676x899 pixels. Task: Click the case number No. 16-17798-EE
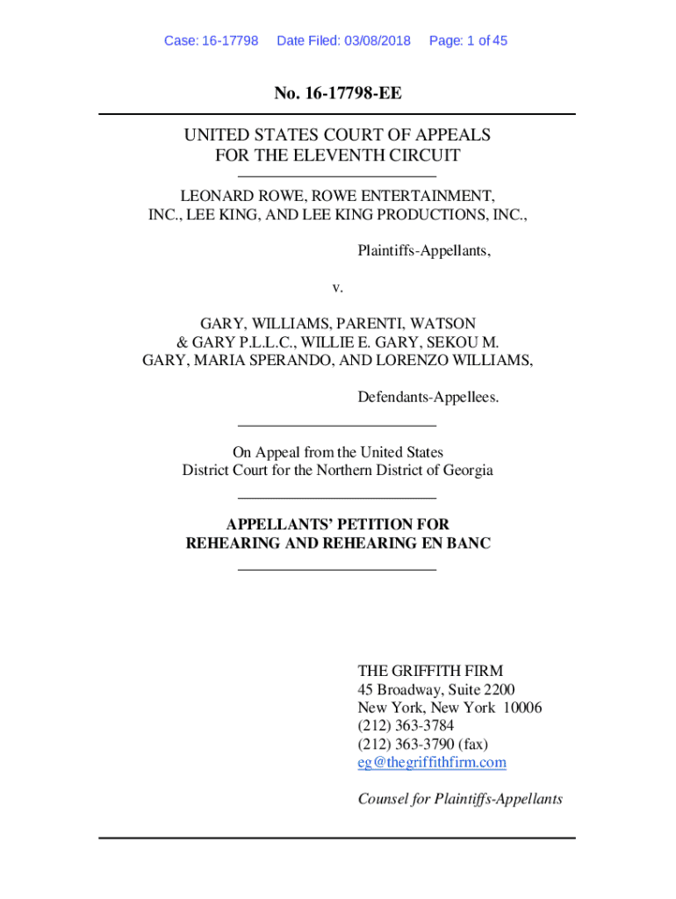click(337, 93)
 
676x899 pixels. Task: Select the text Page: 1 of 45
click(468, 40)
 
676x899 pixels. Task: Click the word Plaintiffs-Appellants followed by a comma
click(424, 251)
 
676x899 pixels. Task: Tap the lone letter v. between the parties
click(337, 287)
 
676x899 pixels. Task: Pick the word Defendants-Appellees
click(428, 398)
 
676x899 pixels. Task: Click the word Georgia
click(467, 470)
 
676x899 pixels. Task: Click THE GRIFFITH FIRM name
click(430, 671)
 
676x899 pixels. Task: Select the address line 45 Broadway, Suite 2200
click(436, 689)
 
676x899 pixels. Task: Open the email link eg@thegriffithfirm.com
click(432, 762)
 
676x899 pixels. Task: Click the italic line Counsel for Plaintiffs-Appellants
click(460, 799)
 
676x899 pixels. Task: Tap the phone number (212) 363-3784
click(406, 725)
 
